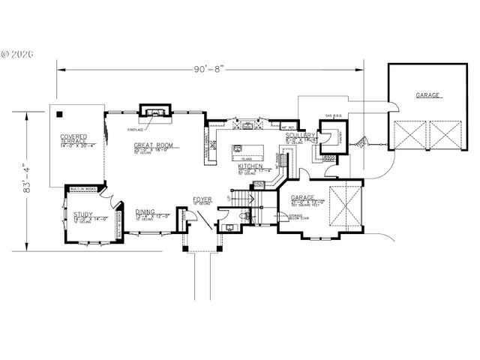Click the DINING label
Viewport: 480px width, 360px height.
pos(145,212)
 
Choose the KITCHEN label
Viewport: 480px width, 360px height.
pos(250,166)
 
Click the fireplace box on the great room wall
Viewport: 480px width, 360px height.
pos(157,112)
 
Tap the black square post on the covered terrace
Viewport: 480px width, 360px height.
pos(59,115)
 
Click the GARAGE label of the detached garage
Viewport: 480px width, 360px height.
pos(428,96)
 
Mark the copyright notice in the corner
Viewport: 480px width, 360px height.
pos(16,54)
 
